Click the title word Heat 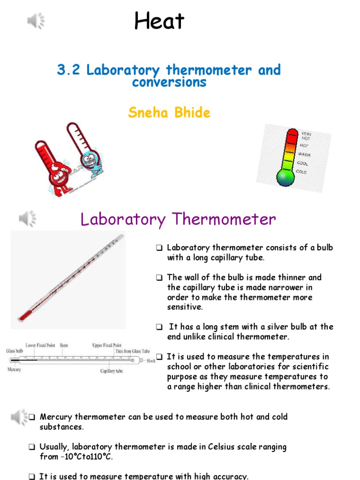coord(159,22)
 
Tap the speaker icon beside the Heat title coord(36,21)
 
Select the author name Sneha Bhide coord(169,112)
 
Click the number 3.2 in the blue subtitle coord(69,70)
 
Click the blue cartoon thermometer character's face coord(89,159)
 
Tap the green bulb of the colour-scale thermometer coord(285,178)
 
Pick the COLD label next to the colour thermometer coord(301,172)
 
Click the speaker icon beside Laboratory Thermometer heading coord(27,218)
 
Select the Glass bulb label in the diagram coord(14,351)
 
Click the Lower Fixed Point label coord(40,345)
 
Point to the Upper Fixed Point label coord(107,345)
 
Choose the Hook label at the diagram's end coord(150,361)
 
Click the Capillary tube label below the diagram coord(112,371)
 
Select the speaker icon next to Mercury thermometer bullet coord(20,417)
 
